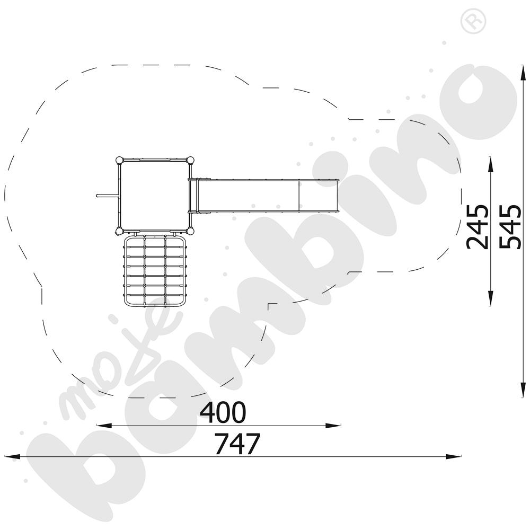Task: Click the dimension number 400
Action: [223, 412]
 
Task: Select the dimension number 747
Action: [237, 444]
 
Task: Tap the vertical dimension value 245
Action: [478, 227]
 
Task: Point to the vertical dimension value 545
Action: [510, 227]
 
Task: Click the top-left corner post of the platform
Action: [119, 160]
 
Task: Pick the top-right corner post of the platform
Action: [190, 160]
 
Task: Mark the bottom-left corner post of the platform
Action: [119, 231]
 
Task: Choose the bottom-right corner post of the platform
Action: [190, 231]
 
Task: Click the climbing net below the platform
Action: [155, 271]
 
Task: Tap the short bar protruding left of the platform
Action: [108, 196]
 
